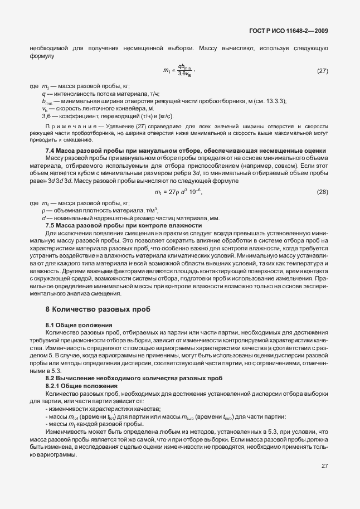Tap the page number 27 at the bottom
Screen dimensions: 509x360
coord(324,466)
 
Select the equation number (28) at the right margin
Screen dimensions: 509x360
coord(322,192)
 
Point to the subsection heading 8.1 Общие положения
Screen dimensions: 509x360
coord(79,324)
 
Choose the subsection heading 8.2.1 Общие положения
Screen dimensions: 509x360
coord(81,386)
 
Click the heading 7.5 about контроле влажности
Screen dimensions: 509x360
coord(115,225)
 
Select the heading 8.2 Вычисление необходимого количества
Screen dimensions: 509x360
coord(126,379)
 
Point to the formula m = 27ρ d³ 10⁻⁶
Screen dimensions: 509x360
coord(178,192)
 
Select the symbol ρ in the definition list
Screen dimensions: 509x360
coord(43,211)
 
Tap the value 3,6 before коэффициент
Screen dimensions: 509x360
coord(47,116)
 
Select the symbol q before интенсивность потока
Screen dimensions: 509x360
coord(43,94)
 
